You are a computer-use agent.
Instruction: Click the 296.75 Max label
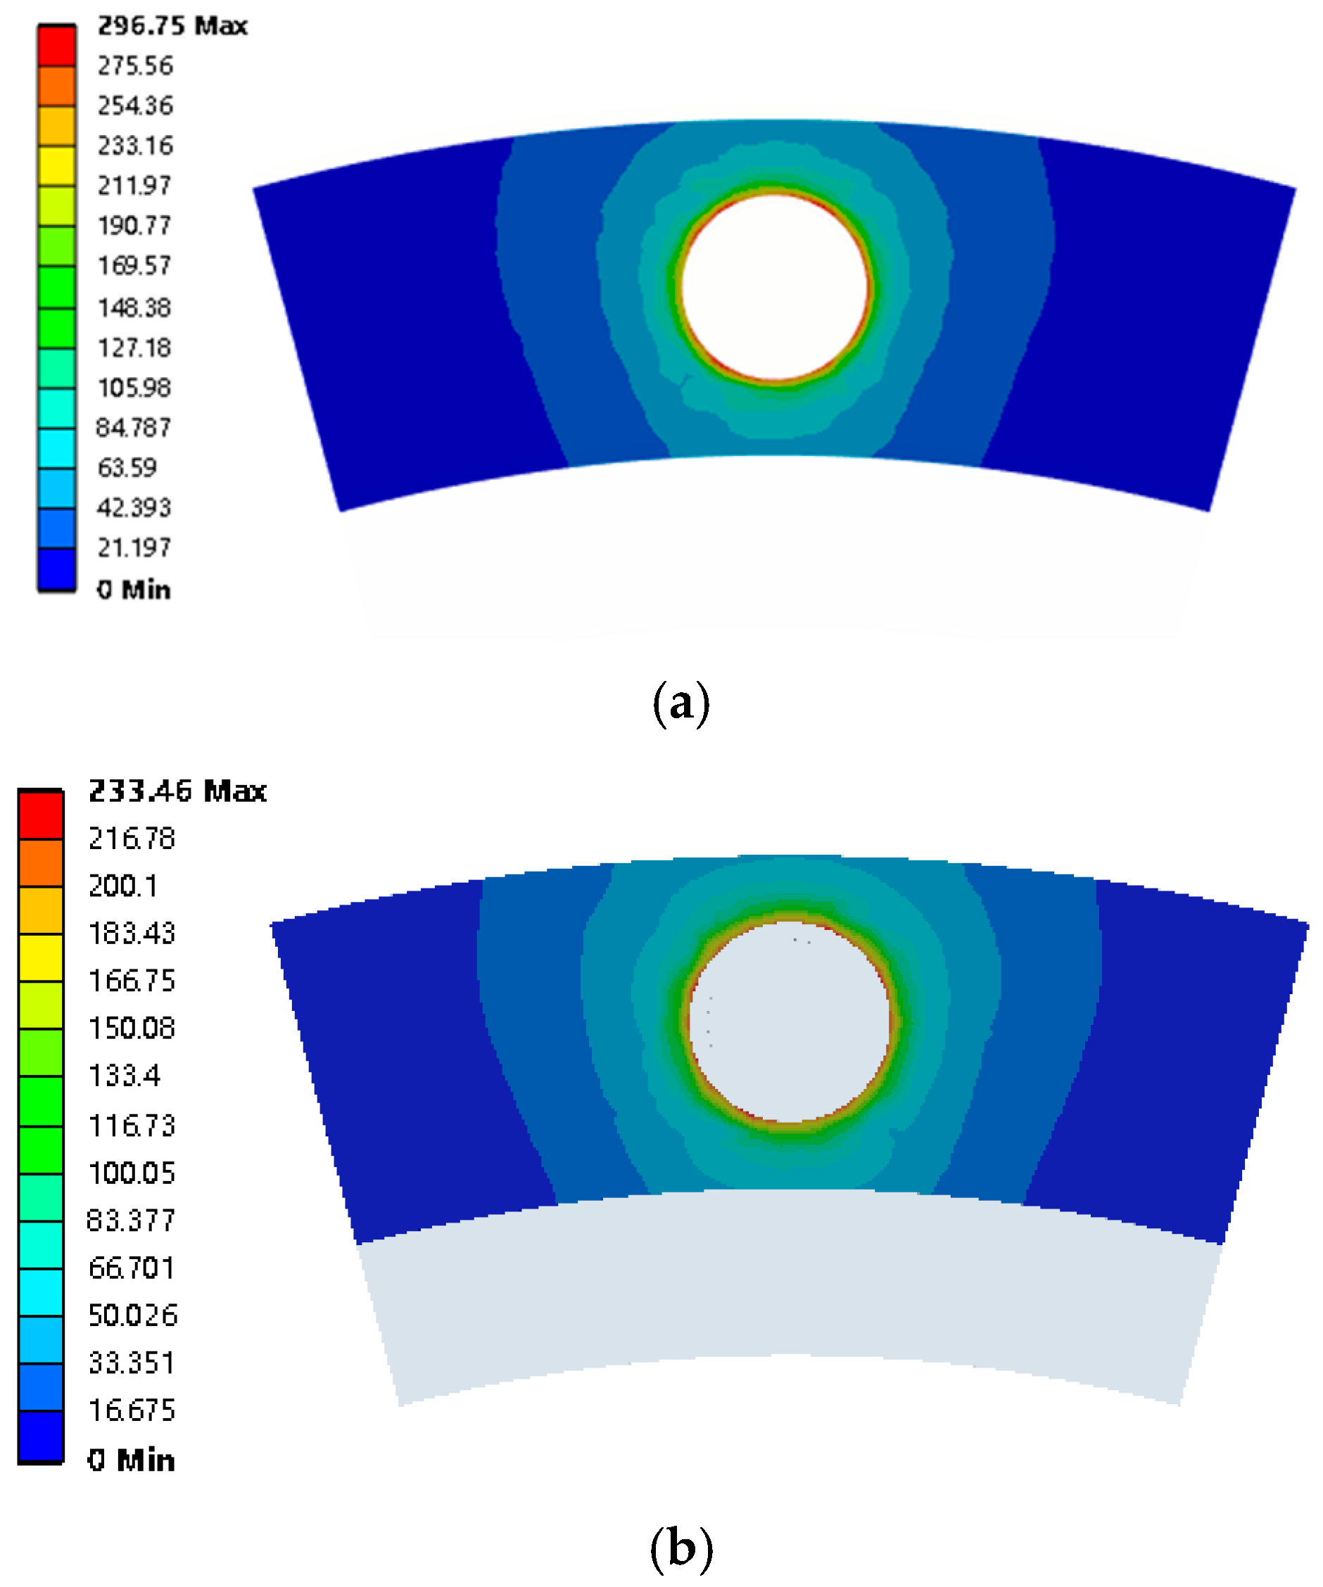(172, 26)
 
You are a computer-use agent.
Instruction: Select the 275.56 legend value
(135, 65)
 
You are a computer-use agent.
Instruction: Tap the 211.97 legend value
(134, 185)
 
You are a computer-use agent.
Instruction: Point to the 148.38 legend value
(134, 307)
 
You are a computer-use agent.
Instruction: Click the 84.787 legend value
(134, 428)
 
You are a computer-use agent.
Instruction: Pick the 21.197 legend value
(134, 547)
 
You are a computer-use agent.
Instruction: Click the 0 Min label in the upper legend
(134, 589)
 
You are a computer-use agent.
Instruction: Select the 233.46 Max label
(177, 791)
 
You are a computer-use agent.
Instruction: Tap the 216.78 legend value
(132, 839)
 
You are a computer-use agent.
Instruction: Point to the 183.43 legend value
(132, 934)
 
